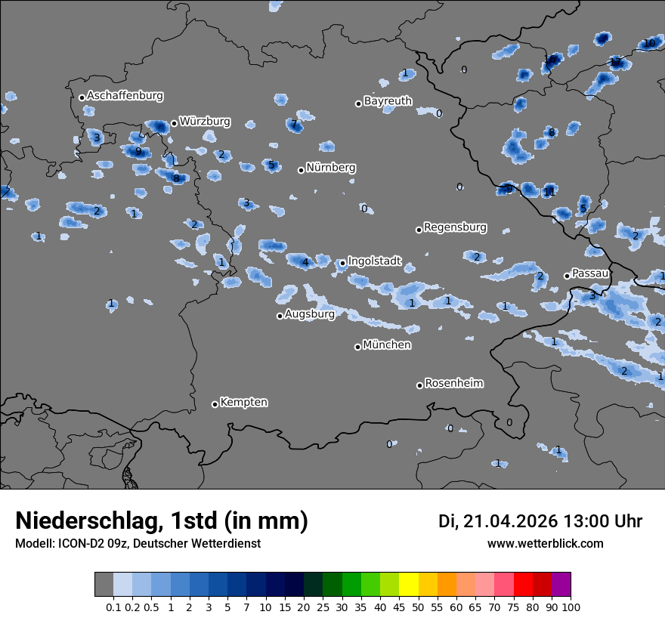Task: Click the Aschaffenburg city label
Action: [x=125, y=96]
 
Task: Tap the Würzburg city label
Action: [x=205, y=122]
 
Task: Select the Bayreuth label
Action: [x=388, y=100]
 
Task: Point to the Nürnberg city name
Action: [x=330, y=168]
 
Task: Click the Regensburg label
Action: [x=455, y=227]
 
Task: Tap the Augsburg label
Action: [x=309, y=314]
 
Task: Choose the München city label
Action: [x=387, y=345]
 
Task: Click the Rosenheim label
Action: [x=453, y=384]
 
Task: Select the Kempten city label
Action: [x=243, y=403]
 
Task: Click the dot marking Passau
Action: [x=567, y=276]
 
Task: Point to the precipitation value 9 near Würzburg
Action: [x=138, y=151]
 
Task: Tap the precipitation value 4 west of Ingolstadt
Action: [x=305, y=263]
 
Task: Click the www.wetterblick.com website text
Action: [x=545, y=544]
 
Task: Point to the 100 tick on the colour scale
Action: [x=571, y=607]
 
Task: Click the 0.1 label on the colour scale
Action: [x=113, y=607]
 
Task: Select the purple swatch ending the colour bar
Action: [x=561, y=585]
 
